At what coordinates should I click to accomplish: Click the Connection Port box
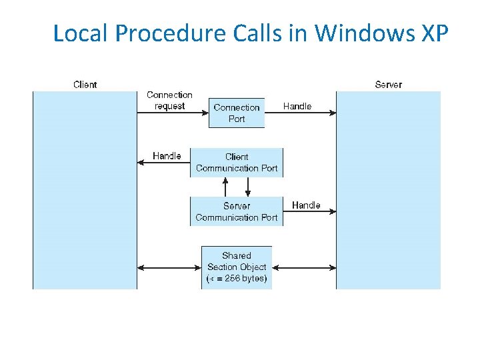[237, 113]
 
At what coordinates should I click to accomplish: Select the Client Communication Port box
[237, 163]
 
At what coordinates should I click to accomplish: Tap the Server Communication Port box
[237, 211]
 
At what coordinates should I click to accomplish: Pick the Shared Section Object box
[237, 267]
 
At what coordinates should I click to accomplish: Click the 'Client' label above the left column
[85, 85]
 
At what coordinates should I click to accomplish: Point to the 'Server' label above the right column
[389, 85]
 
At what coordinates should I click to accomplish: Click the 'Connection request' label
[169, 101]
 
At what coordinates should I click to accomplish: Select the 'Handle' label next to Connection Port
[297, 106]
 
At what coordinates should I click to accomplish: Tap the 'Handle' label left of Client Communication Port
[167, 156]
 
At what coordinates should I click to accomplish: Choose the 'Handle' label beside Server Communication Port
[306, 205]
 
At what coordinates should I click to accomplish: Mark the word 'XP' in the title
[435, 33]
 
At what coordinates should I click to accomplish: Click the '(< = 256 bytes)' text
[237, 279]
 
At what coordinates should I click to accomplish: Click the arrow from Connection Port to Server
[300, 113]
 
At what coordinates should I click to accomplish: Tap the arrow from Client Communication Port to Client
[163, 163]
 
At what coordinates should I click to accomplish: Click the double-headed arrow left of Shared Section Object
[169, 267]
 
